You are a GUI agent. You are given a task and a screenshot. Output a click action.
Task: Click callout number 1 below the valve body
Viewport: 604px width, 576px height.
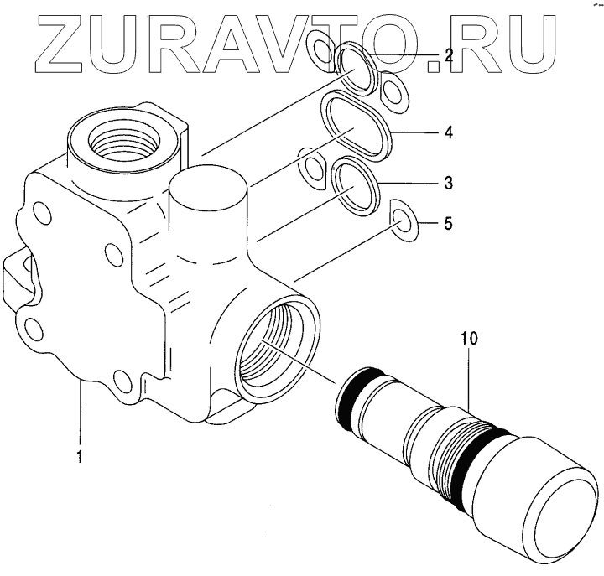click(80, 457)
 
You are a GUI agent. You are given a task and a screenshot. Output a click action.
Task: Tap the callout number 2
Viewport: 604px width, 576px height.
click(449, 56)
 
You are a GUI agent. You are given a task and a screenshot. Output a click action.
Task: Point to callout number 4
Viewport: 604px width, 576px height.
click(449, 132)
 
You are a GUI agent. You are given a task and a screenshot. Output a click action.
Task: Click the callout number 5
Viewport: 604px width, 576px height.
click(449, 224)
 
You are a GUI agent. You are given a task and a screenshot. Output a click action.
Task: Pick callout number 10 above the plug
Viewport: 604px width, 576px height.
click(468, 339)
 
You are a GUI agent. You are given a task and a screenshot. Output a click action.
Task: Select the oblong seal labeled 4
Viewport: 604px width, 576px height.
click(357, 126)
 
